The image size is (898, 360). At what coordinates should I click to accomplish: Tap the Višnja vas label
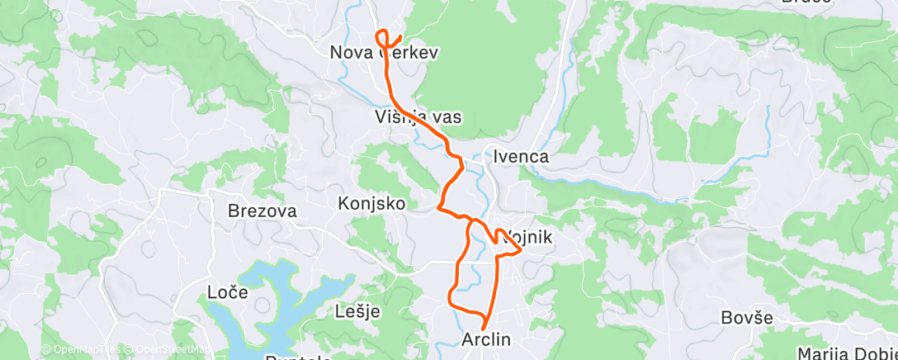click(x=418, y=117)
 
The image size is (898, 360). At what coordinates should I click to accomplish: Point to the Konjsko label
click(x=372, y=202)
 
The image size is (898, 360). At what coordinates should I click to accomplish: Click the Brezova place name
click(x=262, y=211)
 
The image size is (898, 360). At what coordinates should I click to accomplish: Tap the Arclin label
click(x=487, y=339)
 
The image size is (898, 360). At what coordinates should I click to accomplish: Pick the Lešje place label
click(x=358, y=311)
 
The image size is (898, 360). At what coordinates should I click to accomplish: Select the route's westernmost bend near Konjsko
click(x=439, y=206)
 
